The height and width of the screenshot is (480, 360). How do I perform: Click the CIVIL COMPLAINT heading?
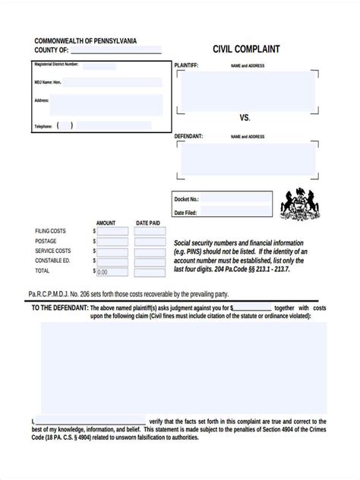click(x=248, y=49)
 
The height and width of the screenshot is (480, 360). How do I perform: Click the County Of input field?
click(x=115, y=50)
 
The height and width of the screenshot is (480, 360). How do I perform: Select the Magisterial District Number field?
click(x=99, y=66)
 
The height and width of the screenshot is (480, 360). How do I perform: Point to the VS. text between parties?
click(x=245, y=118)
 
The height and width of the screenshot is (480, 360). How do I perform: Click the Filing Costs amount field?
click(x=111, y=230)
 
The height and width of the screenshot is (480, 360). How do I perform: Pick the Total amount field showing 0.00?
click(x=111, y=271)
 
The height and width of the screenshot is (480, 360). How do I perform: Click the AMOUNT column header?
click(x=106, y=223)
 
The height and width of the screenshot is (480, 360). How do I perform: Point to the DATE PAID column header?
click(x=147, y=223)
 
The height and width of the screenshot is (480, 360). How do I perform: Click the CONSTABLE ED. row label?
click(x=52, y=261)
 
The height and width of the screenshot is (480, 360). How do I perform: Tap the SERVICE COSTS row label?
click(x=53, y=251)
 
